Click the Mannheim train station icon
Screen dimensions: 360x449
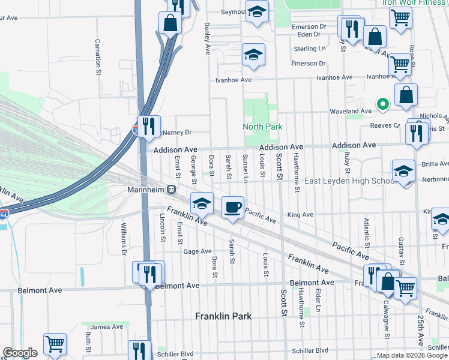click(172, 190)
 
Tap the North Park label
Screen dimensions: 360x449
click(262, 127)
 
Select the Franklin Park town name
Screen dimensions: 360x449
click(223, 316)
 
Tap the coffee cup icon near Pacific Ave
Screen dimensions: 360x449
click(233, 208)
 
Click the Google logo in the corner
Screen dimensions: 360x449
click(20, 353)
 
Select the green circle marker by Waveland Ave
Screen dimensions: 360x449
click(381, 104)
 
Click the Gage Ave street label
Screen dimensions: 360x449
click(197, 251)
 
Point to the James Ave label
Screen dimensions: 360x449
click(107, 326)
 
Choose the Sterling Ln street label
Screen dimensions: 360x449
click(309, 48)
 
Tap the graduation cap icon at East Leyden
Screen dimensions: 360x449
click(403, 172)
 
